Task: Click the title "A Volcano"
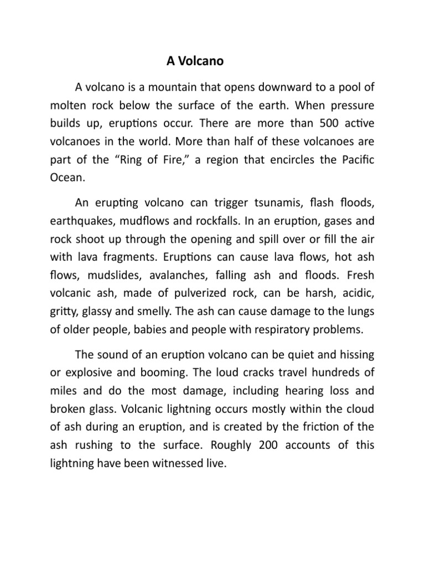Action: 195,61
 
